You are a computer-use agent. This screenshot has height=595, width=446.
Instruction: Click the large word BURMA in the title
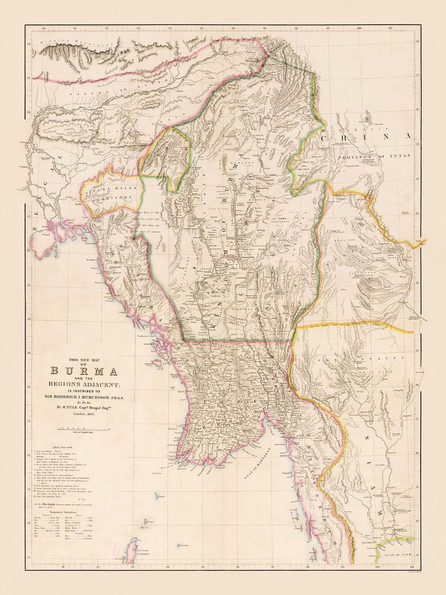[x=83, y=371]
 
